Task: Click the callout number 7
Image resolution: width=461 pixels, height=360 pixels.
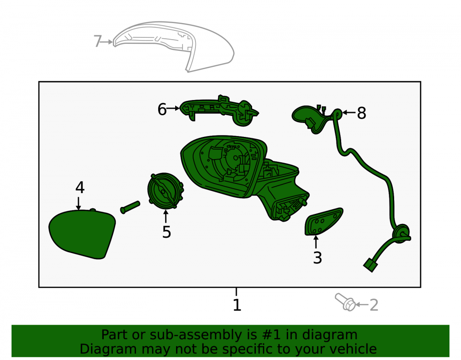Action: (98, 41)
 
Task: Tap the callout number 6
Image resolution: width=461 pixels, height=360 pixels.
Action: (162, 109)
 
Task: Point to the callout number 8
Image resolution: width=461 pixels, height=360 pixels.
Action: (361, 113)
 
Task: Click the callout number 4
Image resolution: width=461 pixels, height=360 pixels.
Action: (80, 188)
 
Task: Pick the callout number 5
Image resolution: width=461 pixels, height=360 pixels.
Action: (166, 232)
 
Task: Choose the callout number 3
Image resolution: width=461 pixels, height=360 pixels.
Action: (318, 258)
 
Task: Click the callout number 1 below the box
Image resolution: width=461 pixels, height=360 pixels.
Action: (237, 305)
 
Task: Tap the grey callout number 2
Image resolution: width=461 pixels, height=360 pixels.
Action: (374, 305)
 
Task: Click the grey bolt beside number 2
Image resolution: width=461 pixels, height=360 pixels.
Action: (345, 302)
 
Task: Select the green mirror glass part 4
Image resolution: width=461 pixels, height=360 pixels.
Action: (82, 234)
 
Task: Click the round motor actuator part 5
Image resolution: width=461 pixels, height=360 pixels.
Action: (165, 190)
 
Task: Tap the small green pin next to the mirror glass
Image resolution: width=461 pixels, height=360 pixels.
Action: (130, 207)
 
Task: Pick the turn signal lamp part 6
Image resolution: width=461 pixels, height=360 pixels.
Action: (219, 111)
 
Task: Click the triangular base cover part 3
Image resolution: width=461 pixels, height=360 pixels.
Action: (324, 222)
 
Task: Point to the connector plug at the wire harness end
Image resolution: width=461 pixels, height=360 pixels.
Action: (371, 265)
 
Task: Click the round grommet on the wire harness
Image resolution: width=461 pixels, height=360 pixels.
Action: (402, 234)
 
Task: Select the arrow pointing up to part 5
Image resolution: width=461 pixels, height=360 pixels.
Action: (166, 217)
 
